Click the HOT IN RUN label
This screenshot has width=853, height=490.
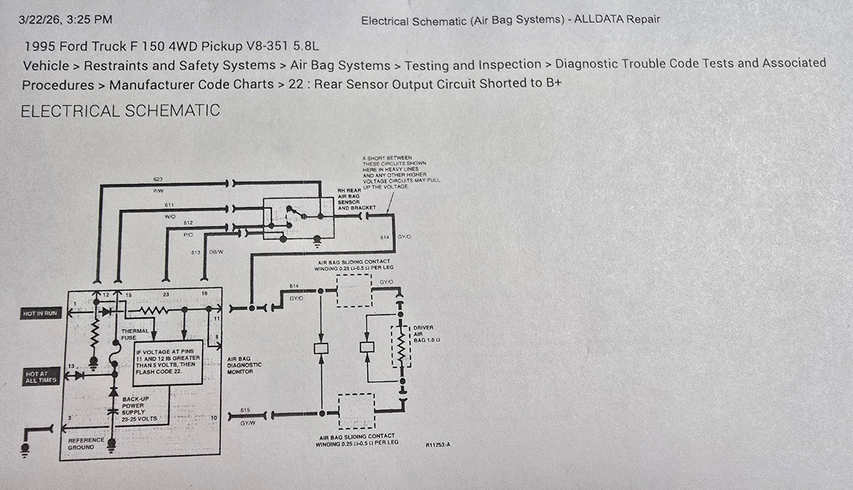(x=40, y=313)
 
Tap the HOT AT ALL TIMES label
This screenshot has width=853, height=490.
(x=41, y=377)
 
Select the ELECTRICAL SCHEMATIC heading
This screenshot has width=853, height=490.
(x=120, y=111)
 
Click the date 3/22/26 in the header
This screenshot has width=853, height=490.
(x=40, y=20)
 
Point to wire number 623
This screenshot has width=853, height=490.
(x=157, y=180)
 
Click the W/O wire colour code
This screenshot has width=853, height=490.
(x=170, y=216)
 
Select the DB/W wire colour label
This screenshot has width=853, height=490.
(x=216, y=252)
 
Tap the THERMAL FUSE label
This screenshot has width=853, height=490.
(x=135, y=334)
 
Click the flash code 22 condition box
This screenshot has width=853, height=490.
(x=167, y=362)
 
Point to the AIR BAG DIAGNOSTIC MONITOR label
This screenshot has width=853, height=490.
(x=244, y=365)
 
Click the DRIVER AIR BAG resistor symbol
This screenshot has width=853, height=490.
(x=401, y=346)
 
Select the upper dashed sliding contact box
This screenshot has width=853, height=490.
(x=354, y=291)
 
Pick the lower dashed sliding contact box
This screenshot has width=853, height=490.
(x=356, y=411)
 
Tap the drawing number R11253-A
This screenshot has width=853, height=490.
(x=437, y=445)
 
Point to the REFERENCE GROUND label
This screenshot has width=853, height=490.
(x=86, y=444)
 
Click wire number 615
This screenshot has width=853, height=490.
(x=245, y=410)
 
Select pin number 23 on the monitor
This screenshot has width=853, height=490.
(x=166, y=295)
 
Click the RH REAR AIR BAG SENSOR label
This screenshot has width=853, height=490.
(x=356, y=199)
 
